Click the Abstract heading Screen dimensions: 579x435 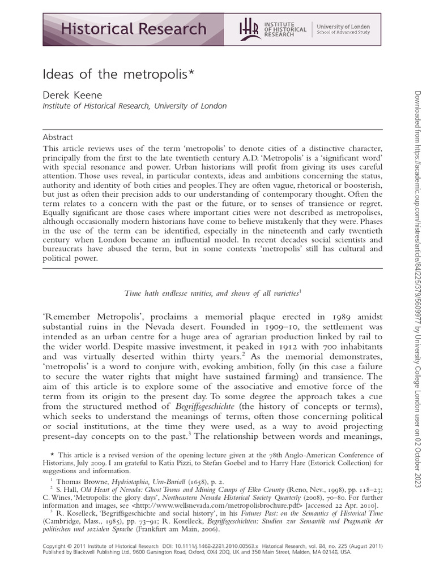click(58, 137)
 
